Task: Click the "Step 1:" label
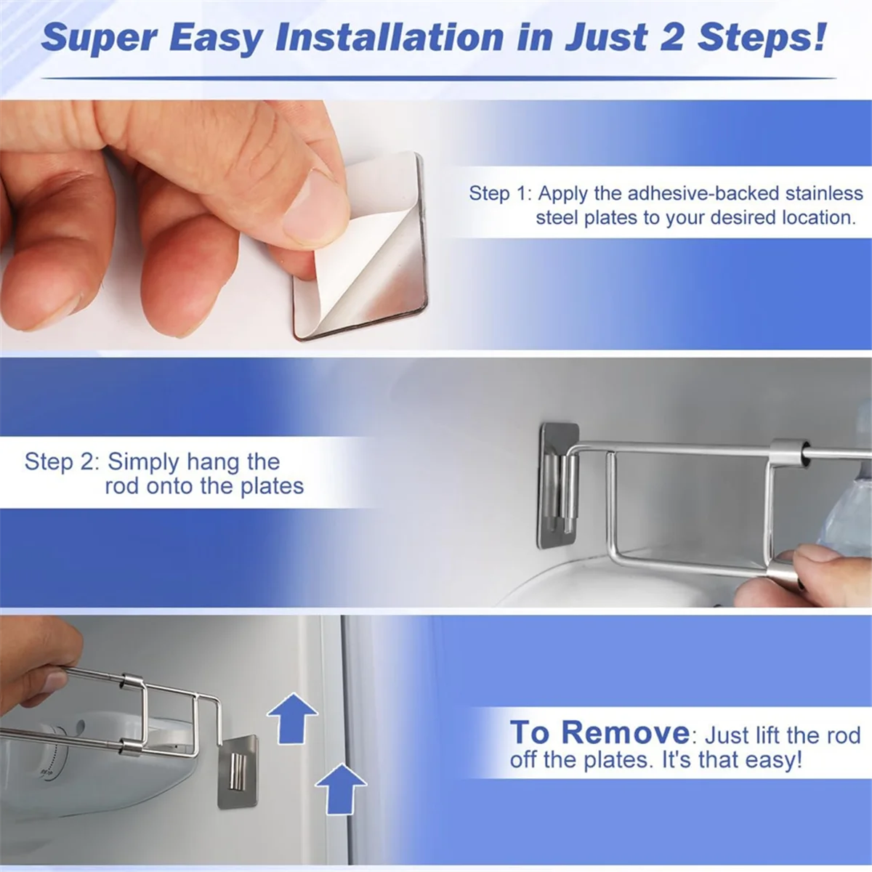500,193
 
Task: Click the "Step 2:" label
62,461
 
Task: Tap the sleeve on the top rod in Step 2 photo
788,452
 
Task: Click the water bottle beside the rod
847,509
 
